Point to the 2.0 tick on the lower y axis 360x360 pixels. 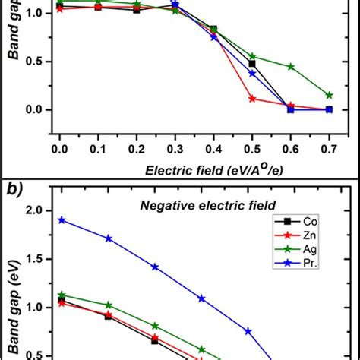(x=39, y=210)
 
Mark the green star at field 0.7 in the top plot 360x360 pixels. (x=329, y=95)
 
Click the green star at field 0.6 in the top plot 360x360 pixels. (x=290, y=66)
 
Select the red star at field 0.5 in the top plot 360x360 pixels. (x=252, y=99)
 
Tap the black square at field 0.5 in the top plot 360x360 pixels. (x=252, y=64)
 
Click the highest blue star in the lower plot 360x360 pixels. (x=62, y=219)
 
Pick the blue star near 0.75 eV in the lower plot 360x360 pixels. (x=248, y=331)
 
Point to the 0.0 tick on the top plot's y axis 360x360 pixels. (x=39, y=109)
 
